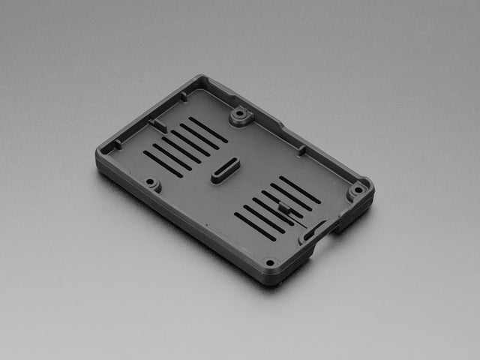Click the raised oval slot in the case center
point(225,172)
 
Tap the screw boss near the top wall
point(240,116)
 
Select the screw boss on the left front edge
point(151,181)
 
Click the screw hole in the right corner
point(356,190)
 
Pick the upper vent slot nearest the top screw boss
point(208,130)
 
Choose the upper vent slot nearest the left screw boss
point(163,163)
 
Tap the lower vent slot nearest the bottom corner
point(255,226)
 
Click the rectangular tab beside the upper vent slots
point(157,124)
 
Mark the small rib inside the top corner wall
point(184,96)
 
